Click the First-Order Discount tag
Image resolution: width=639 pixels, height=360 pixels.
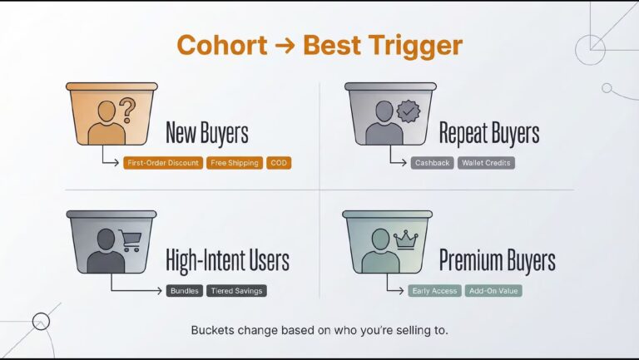click(x=163, y=163)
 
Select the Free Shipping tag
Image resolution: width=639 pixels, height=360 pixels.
click(x=235, y=163)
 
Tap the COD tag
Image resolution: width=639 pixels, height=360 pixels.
click(x=279, y=163)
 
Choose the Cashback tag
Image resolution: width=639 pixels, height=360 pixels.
click(x=432, y=163)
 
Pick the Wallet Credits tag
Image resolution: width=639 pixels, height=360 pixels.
click(x=486, y=163)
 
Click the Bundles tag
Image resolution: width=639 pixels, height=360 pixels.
click(x=184, y=291)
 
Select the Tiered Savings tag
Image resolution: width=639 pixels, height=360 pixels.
click(x=236, y=291)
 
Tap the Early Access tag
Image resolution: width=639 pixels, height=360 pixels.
click(x=434, y=291)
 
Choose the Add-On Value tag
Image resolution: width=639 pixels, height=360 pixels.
click(x=493, y=291)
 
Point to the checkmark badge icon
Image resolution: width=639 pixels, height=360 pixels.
click(x=409, y=111)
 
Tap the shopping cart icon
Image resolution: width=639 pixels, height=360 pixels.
click(x=131, y=240)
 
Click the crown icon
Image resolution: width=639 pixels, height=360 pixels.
click(x=405, y=239)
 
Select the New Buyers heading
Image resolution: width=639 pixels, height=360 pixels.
click(x=207, y=132)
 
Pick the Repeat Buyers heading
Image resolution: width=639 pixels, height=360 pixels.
click(x=489, y=132)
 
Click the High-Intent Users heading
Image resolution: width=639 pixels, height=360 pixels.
click(x=227, y=260)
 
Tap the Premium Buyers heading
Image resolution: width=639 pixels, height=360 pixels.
click(x=498, y=260)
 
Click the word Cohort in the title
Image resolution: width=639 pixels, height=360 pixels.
click(x=222, y=45)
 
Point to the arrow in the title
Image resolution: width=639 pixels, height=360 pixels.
click(x=285, y=46)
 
